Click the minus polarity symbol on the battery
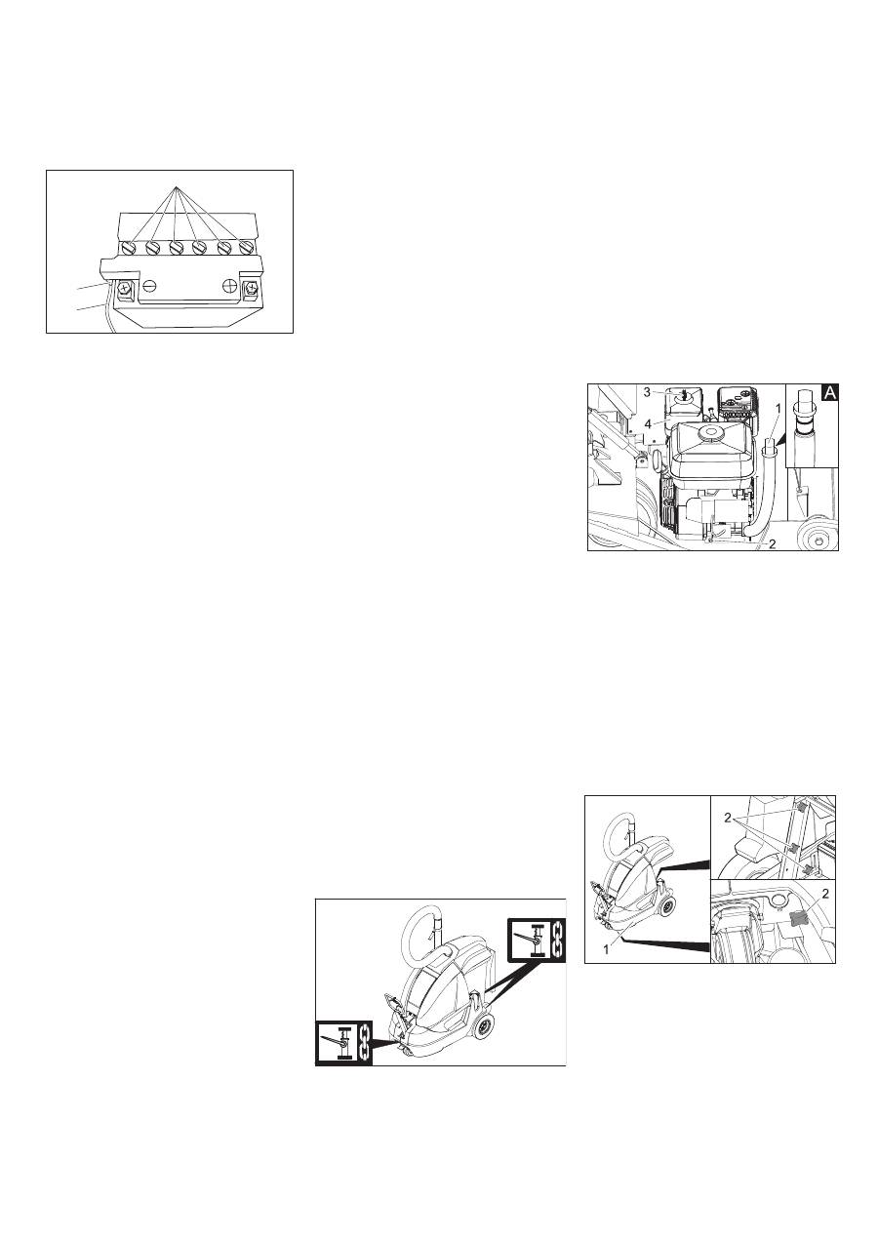(149, 286)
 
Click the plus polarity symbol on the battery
(229, 286)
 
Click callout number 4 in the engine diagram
(647, 424)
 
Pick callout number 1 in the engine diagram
(778, 408)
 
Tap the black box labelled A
(830, 393)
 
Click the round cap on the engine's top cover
(709, 431)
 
